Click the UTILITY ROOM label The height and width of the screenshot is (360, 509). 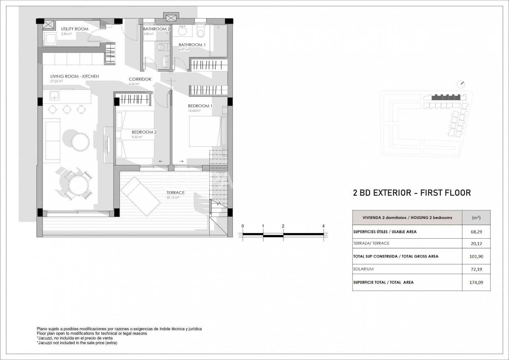[x=74, y=29]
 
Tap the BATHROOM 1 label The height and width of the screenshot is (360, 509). [x=192, y=45]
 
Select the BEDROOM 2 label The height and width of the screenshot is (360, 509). [x=144, y=132]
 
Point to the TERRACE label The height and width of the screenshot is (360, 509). [x=175, y=193]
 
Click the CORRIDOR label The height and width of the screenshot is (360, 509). [x=140, y=79]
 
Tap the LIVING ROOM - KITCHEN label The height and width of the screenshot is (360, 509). [x=74, y=76]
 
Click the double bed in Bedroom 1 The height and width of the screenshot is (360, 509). [x=205, y=131]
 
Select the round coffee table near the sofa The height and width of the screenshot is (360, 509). [x=80, y=142]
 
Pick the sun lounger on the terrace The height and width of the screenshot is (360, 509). [x=140, y=196]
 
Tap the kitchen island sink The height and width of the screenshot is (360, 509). [x=54, y=95]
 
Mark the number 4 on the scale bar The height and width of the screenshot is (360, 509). [x=323, y=226]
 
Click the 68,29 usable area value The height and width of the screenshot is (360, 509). [x=476, y=232]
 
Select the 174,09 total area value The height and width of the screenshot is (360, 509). [x=476, y=282]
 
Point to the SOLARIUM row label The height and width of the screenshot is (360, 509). [x=363, y=269]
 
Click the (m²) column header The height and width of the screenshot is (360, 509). [x=476, y=218]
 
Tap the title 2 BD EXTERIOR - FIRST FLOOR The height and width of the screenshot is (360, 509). [x=412, y=193]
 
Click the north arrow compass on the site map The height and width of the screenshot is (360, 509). [x=461, y=84]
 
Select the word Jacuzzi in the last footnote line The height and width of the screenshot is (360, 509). [x=45, y=343]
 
